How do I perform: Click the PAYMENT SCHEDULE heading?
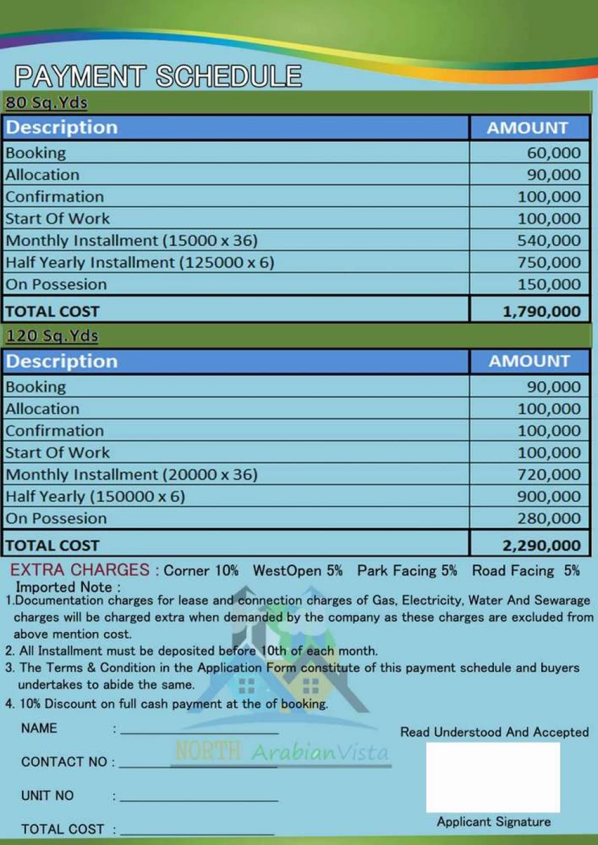point(158,77)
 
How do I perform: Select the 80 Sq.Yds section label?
point(47,102)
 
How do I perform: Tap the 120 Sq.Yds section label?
point(52,336)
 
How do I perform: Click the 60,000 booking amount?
point(553,153)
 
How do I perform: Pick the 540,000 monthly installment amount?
point(549,240)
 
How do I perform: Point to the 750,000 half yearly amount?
point(549,262)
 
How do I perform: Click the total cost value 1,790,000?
point(541,311)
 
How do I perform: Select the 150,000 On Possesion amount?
point(549,285)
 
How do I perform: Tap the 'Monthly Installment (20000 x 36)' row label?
point(131,474)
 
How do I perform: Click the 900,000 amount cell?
point(549,496)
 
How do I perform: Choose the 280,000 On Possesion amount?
point(549,518)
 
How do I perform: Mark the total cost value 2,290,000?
point(541,545)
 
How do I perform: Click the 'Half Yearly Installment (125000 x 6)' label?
point(140,262)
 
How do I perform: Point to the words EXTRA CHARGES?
point(80,570)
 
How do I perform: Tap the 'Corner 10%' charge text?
point(201,570)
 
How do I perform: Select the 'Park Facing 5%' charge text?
point(407,570)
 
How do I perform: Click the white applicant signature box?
point(493,777)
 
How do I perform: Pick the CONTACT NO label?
point(64,762)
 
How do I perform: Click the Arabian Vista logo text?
point(320,752)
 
